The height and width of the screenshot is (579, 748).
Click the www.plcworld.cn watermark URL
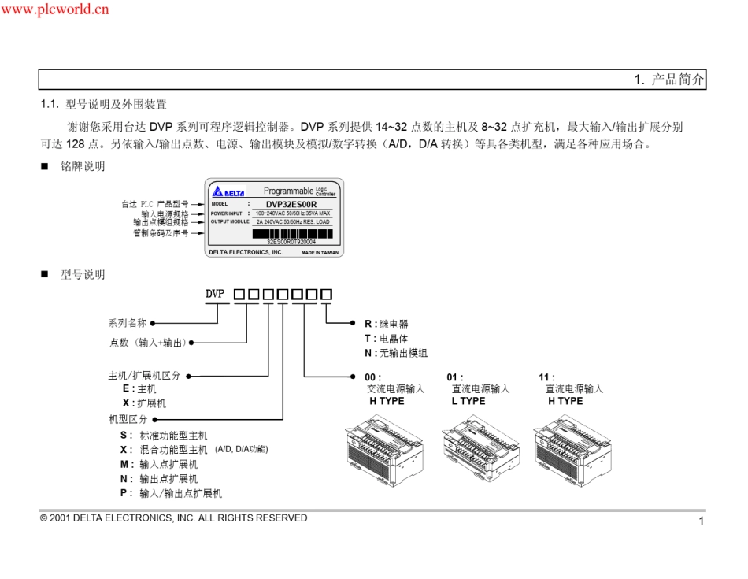pyautogui.click(x=55, y=9)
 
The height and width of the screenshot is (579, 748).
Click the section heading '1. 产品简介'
pyautogui.click(x=668, y=80)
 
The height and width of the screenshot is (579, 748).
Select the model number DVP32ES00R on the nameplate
pyautogui.click(x=291, y=203)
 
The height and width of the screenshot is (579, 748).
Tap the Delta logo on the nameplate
pyautogui.click(x=229, y=191)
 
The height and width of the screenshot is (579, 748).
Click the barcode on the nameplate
pyautogui.click(x=291, y=233)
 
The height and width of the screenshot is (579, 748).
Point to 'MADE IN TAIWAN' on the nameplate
pyautogui.click(x=319, y=253)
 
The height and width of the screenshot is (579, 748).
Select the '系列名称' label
pyautogui.click(x=127, y=323)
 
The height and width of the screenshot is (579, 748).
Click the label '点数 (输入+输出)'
pyautogui.click(x=146, y=342)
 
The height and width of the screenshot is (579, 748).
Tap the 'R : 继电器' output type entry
pyautogui.click(x=386, y=324)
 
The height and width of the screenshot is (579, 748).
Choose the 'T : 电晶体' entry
pyautogui.click(x=386, y=339)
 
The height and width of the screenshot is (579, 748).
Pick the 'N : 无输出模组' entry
pyautogui.click(x=395, y=354)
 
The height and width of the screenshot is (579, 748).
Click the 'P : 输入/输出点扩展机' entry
pyautogui.click(x=171, y=493)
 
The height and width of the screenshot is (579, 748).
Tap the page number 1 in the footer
pyautogui.click(x=701, y=521)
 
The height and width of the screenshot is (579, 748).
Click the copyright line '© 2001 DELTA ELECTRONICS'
pyautogui.click(x=173, y=518)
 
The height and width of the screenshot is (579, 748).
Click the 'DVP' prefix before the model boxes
pyautogui.click(x=216, y=294)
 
